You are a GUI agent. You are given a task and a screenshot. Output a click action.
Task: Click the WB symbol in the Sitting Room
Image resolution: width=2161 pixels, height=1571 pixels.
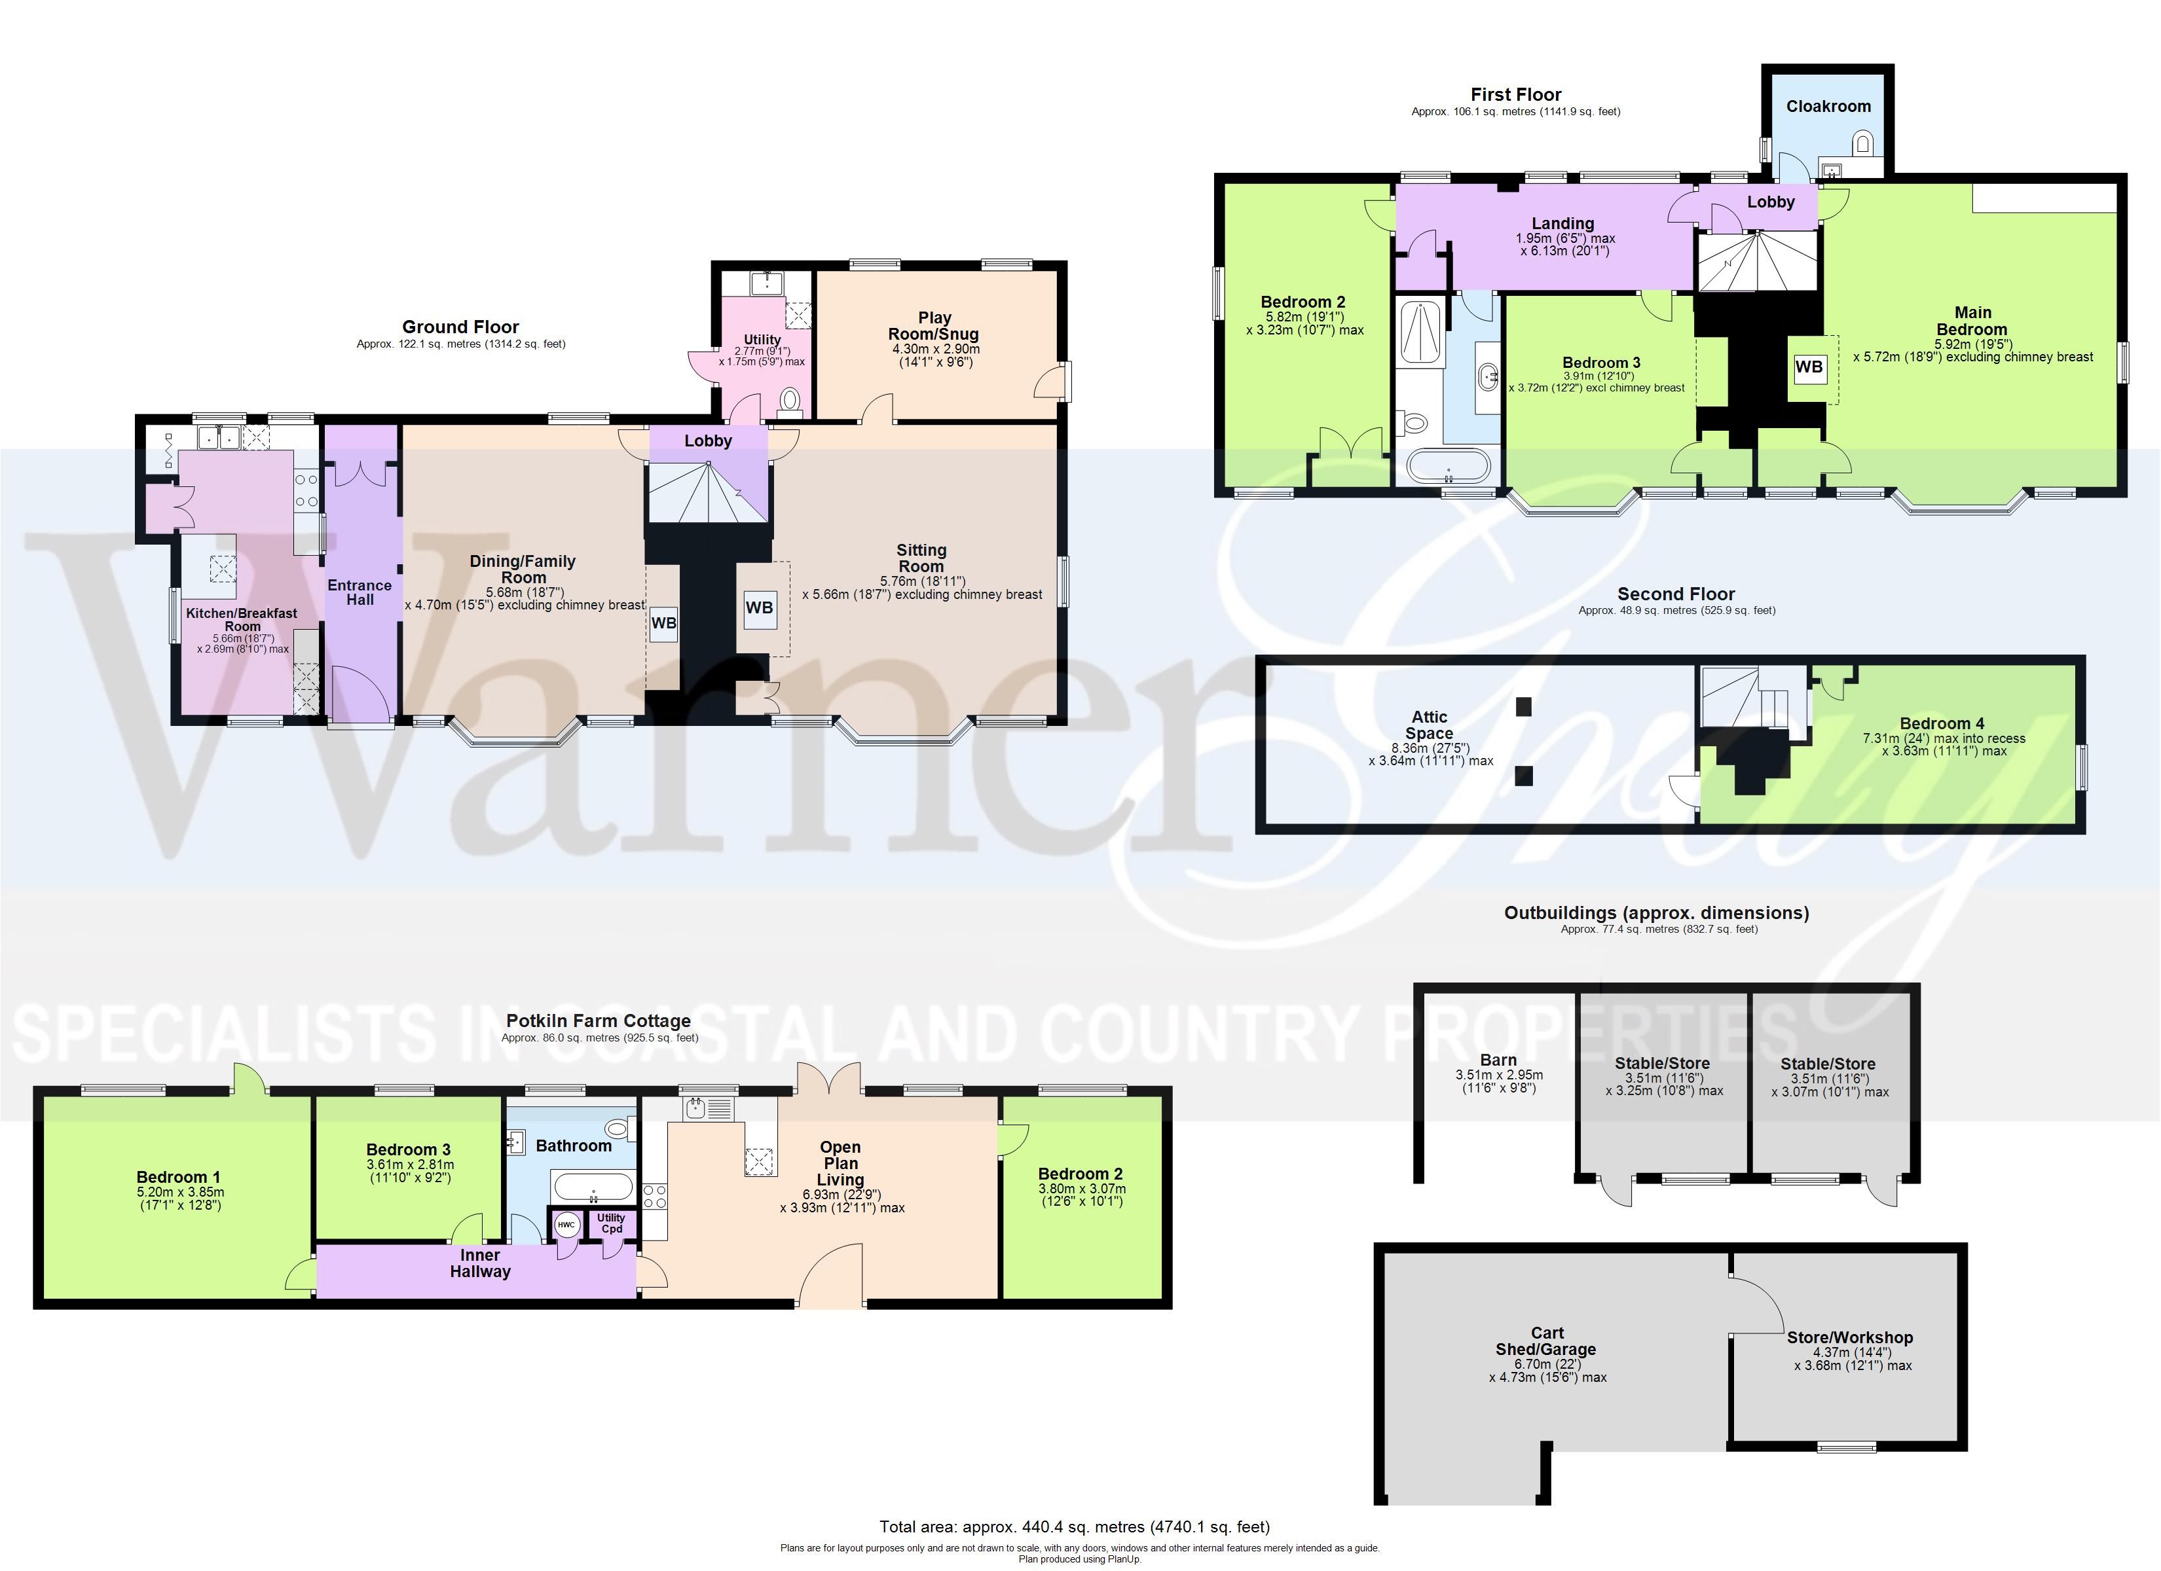760,608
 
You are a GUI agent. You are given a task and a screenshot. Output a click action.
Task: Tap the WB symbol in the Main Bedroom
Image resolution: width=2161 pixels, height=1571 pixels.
1809,367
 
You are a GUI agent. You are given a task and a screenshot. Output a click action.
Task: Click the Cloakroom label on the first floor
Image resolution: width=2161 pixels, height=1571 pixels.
1828,107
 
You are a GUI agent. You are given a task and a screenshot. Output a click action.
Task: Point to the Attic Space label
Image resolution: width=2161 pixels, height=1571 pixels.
1430,725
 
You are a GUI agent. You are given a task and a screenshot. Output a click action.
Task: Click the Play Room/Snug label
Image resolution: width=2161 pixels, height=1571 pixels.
934,326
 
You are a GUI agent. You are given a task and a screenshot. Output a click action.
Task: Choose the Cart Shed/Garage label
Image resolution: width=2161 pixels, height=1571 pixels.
1547,1341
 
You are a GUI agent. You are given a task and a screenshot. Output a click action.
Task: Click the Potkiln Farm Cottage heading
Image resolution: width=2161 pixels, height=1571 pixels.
599,1021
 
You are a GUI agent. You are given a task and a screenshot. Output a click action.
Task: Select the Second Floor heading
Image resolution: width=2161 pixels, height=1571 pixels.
1676,594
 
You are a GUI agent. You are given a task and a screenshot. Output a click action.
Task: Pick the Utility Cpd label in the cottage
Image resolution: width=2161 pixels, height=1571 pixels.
612,1223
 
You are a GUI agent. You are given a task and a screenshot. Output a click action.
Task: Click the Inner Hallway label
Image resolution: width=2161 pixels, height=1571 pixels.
480,1263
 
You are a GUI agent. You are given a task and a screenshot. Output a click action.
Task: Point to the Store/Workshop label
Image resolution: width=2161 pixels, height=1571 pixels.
1849,1337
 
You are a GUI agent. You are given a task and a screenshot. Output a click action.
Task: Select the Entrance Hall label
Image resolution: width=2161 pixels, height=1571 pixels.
360,592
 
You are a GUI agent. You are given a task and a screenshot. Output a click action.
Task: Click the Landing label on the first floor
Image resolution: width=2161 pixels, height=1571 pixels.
1562,224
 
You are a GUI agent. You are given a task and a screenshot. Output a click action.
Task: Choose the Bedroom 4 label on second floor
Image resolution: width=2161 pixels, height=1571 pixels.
1942,723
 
